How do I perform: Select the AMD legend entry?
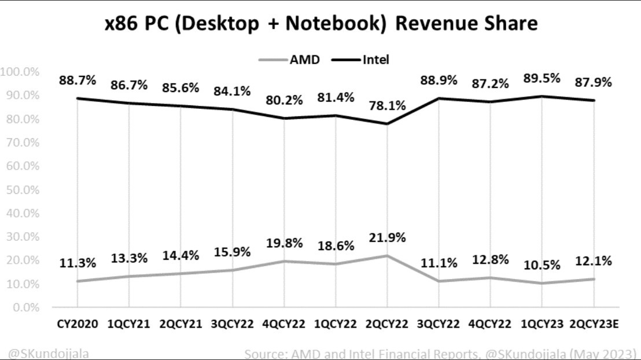pos(296,59)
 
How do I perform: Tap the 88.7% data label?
pos(77,81)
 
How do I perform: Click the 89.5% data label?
pos(541,79)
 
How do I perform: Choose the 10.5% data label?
pos(541,265)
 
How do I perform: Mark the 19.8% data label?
pos(283,243)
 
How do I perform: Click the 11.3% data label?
pos(77,263)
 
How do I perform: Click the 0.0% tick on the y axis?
pos(24,307)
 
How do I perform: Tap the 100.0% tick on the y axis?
pos(19,72)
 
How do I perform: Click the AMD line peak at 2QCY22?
pos(386,255)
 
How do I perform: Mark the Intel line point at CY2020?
pos(77,98)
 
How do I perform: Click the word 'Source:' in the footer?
pos(264,353)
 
